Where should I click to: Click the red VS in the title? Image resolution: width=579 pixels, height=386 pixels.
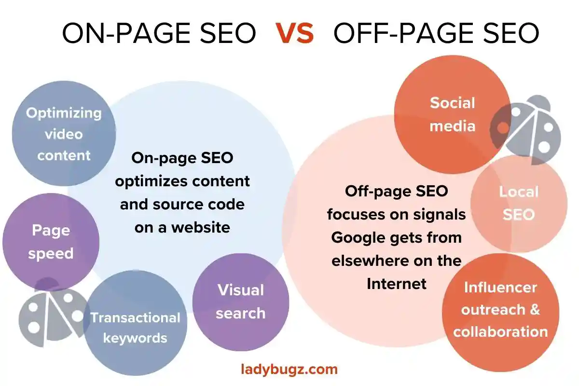(x=294, y=33)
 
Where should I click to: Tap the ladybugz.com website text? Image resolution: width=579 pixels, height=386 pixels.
(x=289, y=370)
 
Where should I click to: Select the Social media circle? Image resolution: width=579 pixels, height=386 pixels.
(x=453, y=114)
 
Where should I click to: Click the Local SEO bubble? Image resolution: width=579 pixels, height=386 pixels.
(x=519, y=204)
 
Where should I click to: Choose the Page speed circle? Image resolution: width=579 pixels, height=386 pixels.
(x=51, y=242)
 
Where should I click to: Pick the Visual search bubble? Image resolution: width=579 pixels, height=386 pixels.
(x=241, y=302)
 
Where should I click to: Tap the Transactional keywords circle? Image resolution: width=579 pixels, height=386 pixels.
(x=135, y=323)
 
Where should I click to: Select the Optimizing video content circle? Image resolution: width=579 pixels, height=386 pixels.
(x=64, y=133)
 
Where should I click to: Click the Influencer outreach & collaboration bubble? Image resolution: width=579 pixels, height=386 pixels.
(x=501, y=312)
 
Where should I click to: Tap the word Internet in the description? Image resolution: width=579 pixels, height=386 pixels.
(x=397, y=284)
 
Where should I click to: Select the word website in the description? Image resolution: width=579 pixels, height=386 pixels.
(x=201, y=228)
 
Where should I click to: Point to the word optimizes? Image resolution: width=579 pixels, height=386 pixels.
(x=152, y=181)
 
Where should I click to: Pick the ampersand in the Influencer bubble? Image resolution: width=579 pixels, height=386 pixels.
(x=535, y=309)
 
